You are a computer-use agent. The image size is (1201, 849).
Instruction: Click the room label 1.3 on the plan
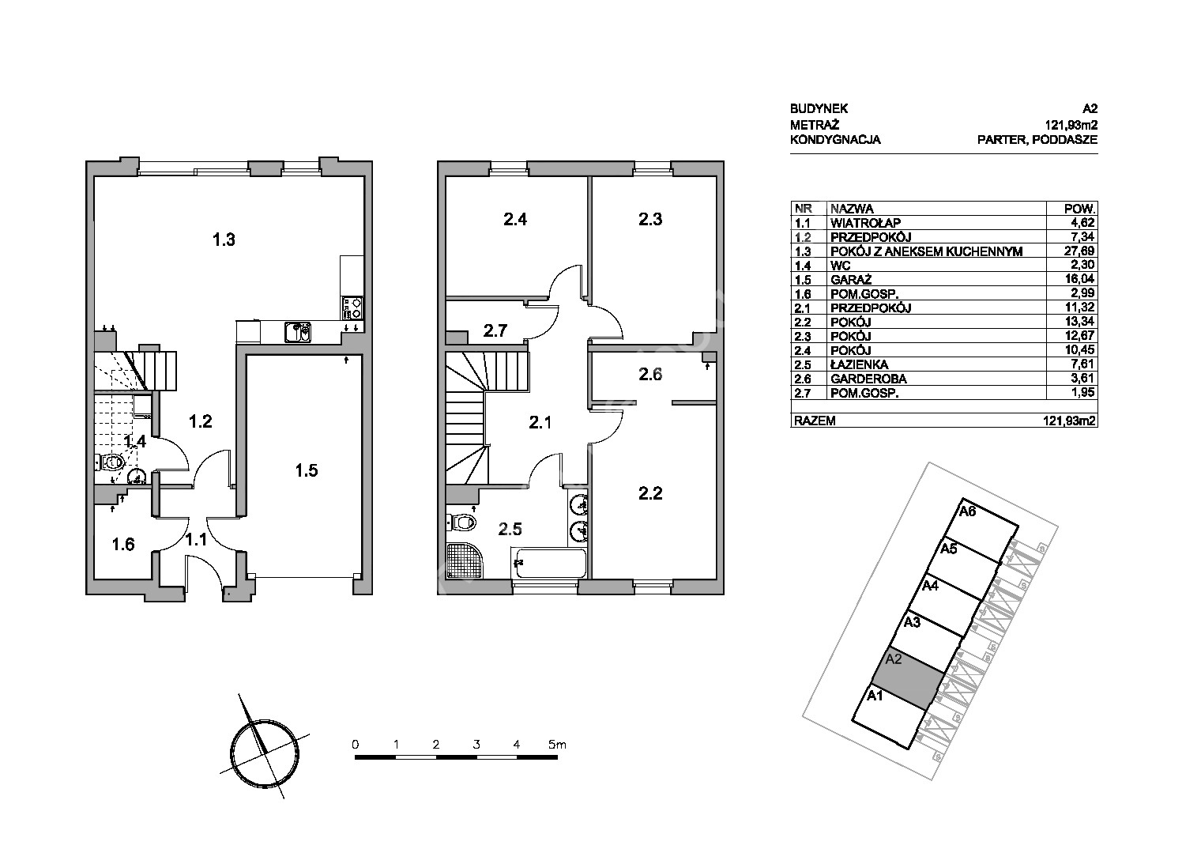[224, 240]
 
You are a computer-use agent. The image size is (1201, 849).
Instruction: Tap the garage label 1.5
[306, 470]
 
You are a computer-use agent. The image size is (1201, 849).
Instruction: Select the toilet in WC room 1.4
[110, 461]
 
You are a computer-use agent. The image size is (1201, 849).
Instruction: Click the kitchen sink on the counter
[298, 332]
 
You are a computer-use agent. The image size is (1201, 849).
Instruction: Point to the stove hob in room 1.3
[352, 308]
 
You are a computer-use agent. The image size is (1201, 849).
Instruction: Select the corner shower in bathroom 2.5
[465, 561]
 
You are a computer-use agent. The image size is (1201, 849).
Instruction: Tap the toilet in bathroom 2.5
[461, 521]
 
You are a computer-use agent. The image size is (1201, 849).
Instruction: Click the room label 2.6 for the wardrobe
[649, 374]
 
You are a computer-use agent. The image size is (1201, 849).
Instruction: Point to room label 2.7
[495, 330]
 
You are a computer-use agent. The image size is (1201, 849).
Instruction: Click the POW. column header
[1079, 209]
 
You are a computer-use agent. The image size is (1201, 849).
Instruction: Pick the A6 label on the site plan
[968, 511]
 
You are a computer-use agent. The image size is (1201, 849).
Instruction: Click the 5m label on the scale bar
[557, 745]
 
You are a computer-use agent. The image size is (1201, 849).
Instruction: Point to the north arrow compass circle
[265, 753]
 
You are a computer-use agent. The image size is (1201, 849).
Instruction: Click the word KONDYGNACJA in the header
[835, 140]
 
